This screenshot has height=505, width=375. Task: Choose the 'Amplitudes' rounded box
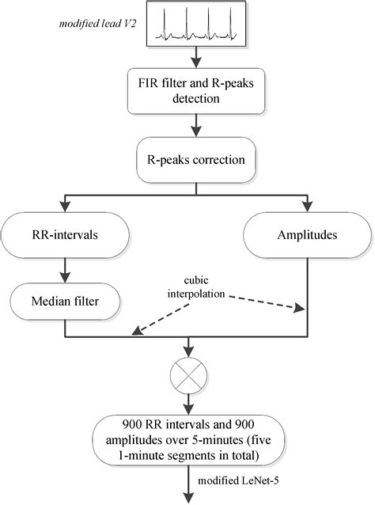[306, 234]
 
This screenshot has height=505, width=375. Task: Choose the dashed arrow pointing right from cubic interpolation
[273, 302]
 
